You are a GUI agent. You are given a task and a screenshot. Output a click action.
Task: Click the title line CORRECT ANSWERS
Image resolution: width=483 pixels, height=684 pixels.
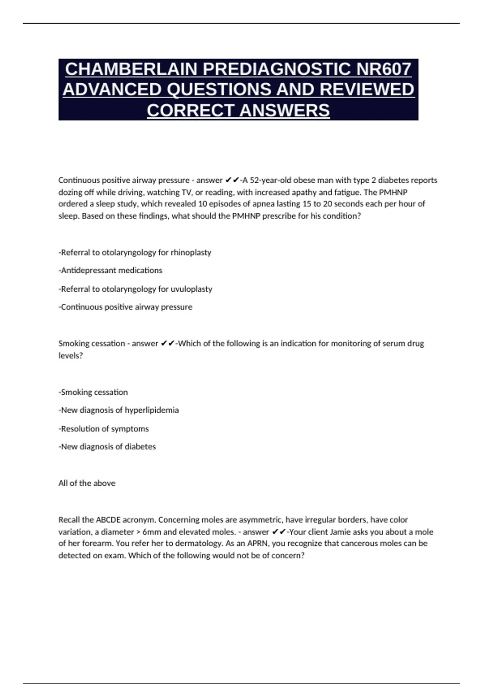coord(238,110)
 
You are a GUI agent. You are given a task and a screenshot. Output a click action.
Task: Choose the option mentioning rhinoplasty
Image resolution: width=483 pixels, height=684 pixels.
coord(135,253)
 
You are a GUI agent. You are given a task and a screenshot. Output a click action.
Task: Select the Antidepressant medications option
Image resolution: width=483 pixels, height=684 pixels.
coord(111,270)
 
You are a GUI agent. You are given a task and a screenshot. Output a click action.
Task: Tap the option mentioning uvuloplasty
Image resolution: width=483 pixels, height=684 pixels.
coord(135,289)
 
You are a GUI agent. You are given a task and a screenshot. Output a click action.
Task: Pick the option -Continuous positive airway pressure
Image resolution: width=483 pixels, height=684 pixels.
coord(126,307)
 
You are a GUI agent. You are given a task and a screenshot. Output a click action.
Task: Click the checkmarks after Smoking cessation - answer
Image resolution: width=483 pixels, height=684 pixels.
coord(167,344)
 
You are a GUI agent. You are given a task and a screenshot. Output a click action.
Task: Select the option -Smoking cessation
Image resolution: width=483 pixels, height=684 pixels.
coord(93,392)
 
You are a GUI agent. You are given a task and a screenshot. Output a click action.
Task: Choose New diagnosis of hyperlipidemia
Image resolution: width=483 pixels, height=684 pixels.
coord(119,410)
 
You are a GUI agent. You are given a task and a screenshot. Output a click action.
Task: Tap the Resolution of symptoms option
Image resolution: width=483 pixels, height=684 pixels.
coord(104,429)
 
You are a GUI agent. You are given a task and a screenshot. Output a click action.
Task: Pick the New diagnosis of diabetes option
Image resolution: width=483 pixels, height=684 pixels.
coord(107,447)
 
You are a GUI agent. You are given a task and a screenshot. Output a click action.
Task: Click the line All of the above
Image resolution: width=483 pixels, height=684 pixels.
coord(87,483)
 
